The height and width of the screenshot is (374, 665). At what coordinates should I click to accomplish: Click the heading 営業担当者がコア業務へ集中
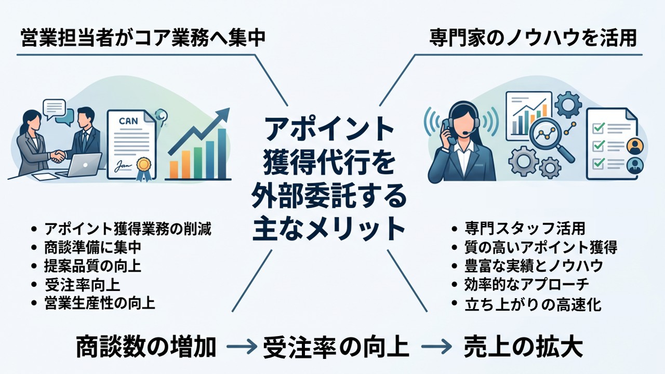pos(143,38)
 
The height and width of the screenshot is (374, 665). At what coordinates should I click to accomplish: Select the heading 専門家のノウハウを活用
pos(533,38)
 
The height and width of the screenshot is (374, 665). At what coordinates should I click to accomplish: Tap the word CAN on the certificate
pos(128,121)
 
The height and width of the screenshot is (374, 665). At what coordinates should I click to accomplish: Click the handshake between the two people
pos(58,156)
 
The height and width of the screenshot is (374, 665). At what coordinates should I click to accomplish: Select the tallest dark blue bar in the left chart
pos(222,154)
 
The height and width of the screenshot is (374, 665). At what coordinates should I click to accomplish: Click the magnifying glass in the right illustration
pos(551,141)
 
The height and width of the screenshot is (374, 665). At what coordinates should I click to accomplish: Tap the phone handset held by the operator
pos(447,130)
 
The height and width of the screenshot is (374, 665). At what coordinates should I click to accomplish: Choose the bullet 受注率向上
pos(82,285)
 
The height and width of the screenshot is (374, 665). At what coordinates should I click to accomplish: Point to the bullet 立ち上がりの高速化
pos(533,304)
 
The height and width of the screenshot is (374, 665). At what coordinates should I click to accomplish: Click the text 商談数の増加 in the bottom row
pos(146,347)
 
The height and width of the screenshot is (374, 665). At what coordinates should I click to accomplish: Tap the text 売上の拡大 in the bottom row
pos(523,347)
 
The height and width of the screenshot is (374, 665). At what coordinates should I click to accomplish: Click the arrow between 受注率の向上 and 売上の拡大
pos(436,346)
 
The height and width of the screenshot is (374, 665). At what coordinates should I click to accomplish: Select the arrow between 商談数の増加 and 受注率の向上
pos(242,346)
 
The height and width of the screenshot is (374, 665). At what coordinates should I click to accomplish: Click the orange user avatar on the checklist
pos(635,146)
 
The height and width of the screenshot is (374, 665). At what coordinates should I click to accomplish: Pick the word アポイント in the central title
pos(329,130)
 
